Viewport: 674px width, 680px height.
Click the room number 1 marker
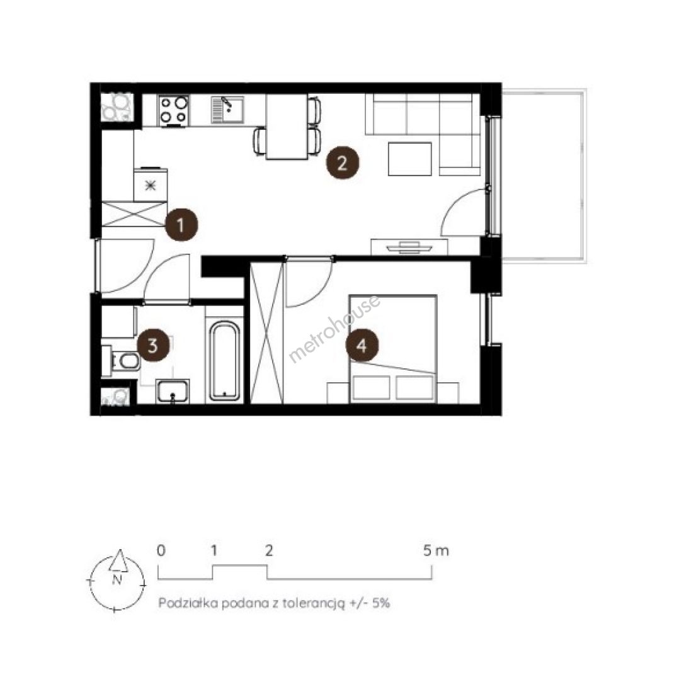pos(181,225)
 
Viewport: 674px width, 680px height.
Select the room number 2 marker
pos(343,163)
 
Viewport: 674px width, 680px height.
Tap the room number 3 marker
pos(153,346)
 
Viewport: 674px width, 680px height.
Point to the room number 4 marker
pos(362,346)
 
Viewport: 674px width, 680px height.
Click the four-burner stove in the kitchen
pos(174,110)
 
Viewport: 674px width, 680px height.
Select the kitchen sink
pos(228,110)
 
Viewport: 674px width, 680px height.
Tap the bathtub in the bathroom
pos(224,360)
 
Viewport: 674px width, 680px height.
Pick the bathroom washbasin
pos(173,391)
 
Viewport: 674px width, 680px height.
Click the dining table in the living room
pos(287,127)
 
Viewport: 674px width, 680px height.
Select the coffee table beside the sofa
pos(409,159)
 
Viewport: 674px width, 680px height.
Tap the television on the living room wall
pos(409,247)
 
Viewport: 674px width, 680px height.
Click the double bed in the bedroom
pos(393,349)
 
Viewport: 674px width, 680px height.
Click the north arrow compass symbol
pos(117,581)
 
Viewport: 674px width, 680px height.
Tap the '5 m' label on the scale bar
pos(436,551)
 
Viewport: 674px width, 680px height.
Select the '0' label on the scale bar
pos(161,551)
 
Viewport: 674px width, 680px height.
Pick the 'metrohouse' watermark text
pos(334,328)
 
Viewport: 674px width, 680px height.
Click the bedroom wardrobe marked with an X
pos(267,332)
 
